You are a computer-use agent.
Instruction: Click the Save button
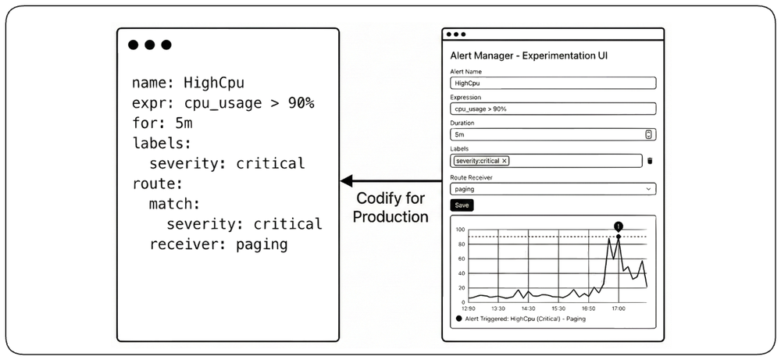pos(462,205)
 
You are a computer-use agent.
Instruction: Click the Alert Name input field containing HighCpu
pos(553,83)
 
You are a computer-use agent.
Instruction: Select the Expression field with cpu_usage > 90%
pos(553,109)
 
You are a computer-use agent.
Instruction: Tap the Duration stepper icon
pos(648,134)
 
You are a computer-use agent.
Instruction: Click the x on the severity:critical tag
pos(504,161)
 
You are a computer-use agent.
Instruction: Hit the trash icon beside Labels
pos(650,161)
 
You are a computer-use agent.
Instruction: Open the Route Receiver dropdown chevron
pos(648,189)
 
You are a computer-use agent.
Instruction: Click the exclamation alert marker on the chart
pos(619,226)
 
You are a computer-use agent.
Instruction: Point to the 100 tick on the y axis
pos(460,230)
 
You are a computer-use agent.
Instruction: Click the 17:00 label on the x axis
pos(619,308)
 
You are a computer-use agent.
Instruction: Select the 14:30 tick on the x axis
pos(529,308)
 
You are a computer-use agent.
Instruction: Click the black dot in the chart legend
pos(458,319)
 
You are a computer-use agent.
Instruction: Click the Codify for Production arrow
pos(391,180)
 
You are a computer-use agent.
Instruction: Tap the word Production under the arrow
pos(391,217)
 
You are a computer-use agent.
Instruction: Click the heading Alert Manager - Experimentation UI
pos(529,55)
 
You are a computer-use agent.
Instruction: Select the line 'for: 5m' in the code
pos(162,123)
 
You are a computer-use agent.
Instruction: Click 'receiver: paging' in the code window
pos(219,245)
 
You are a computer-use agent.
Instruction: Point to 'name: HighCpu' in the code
pos(188,83)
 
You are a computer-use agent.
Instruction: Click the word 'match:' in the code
pos(175,204)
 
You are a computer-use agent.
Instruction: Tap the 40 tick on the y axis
pos(462,273)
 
